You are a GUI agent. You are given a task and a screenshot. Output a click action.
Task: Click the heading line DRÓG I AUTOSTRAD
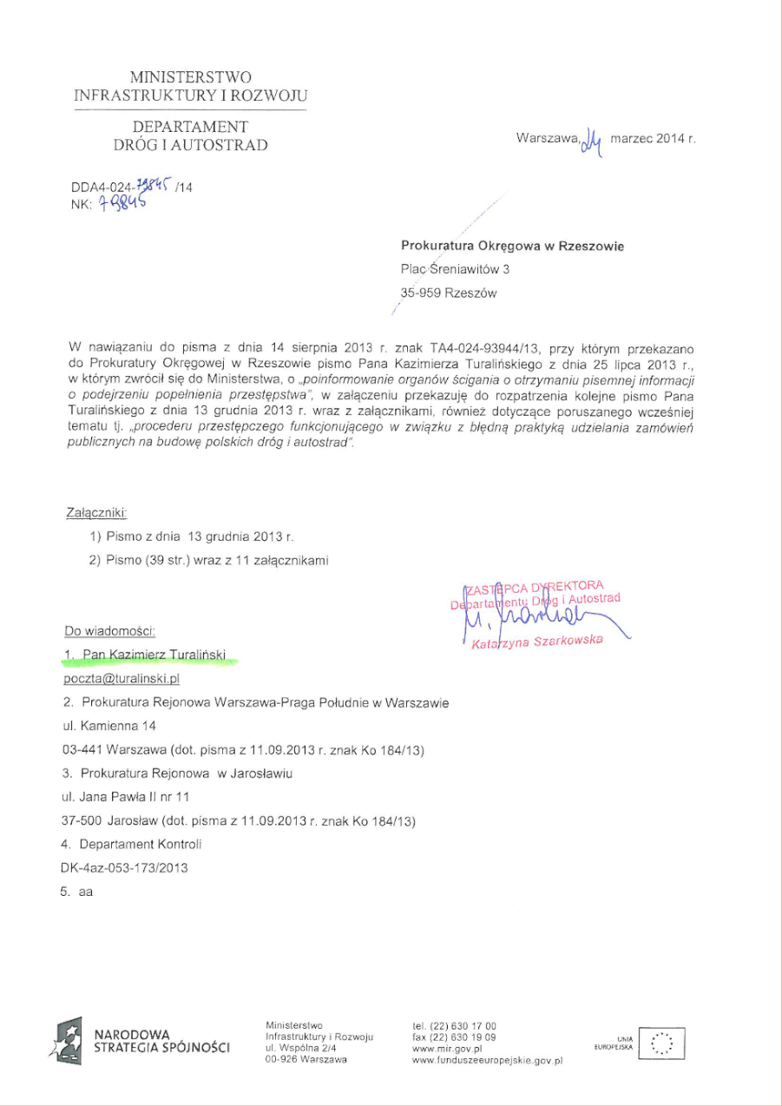tap(191, 145)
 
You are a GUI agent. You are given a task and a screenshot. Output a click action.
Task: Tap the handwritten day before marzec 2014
tap(592, 138)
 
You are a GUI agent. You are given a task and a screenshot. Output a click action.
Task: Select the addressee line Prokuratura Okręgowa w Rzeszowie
tap(512, 247)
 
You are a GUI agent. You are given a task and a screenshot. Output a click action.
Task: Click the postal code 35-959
tap(421, 293)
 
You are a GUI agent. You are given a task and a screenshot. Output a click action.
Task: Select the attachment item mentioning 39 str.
tap(208, 560)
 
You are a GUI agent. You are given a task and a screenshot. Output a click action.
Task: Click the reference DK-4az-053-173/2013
tap(124, 867)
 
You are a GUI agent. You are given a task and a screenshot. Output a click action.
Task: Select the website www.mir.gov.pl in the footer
tap(447, 1049)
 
